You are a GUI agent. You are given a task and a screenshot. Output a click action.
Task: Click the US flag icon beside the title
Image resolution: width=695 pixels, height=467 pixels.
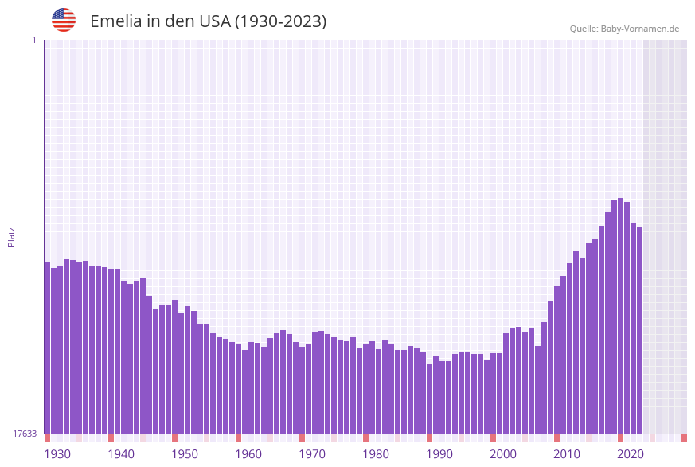[x=64, y=20]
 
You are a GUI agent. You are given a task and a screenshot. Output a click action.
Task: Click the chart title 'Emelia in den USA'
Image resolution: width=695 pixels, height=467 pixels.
[x=208, y=21]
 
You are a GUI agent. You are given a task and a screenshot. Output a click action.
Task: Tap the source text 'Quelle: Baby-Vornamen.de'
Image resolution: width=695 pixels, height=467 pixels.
[x=624, y=29]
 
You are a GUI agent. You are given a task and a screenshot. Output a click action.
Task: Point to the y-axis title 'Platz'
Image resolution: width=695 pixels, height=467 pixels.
[x=12, y=236]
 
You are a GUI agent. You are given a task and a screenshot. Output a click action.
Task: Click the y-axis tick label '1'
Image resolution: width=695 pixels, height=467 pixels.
[x=34, y=40]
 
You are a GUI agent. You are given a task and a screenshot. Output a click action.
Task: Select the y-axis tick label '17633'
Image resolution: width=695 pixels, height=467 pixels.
[x=25, y=434]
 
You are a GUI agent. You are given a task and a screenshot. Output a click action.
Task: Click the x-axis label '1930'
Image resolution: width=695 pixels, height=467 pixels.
[x=57, y=454]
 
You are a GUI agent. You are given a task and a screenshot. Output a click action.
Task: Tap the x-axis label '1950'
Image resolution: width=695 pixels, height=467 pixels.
[x=185, y=454]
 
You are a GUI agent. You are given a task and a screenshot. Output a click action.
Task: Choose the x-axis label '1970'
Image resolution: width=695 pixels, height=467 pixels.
[x=312, y=454]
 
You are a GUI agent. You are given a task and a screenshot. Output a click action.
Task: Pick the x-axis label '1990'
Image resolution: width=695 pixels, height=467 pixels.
[x=439, y=454]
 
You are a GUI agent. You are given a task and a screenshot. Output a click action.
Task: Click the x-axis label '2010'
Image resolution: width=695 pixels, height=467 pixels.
[x=567, y=454]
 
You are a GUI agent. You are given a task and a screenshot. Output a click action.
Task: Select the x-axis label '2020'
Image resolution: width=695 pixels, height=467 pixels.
[x=631, y=454]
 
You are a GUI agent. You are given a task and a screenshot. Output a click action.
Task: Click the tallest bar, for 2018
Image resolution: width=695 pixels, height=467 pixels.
[x=621, y=318]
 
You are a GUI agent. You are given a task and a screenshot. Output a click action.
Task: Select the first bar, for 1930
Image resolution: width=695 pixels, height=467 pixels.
[x=48, y=350]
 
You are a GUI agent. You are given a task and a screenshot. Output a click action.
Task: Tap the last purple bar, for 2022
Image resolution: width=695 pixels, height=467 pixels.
[x=640, y=334]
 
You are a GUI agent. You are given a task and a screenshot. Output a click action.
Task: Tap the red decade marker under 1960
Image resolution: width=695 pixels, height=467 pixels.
[x=238, y=438]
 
